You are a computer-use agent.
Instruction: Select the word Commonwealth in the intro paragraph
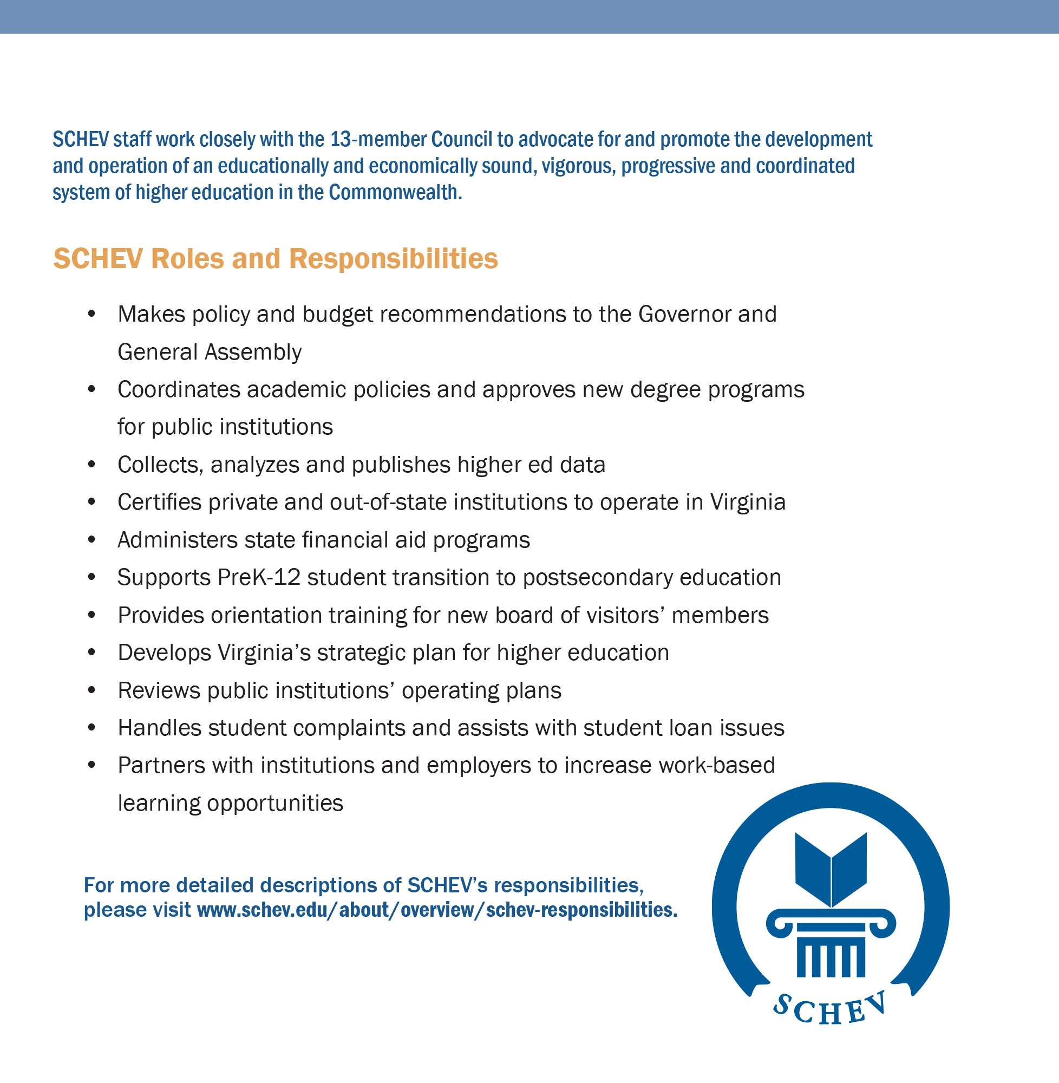(395, 192)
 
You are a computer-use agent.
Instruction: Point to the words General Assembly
(210, 352)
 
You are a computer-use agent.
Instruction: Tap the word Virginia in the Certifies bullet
(748, 502)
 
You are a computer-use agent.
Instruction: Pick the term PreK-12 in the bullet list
(259, 577)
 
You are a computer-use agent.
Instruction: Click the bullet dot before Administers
(92, 539)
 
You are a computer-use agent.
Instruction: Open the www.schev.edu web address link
(437, 910)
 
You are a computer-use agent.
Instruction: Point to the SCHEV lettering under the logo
(829, 1009)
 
